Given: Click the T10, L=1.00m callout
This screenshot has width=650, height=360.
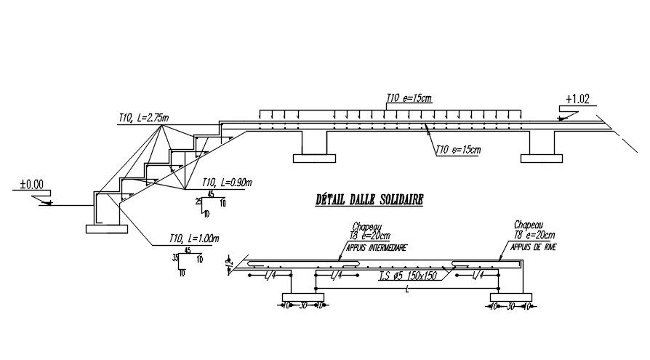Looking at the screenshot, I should click(193, 238).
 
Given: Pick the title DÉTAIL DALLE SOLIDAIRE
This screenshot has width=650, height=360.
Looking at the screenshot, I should click(369, 199).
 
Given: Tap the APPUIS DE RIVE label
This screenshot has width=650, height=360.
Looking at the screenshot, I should click(531, 247).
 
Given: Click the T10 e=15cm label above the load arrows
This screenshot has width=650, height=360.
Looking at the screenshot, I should click(411, 97).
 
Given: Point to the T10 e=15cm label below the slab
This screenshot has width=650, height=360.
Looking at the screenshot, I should click(458, 150).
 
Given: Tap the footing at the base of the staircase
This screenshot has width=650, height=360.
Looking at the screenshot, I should click(107, 229).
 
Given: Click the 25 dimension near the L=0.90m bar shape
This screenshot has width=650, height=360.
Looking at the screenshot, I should click(198, 201).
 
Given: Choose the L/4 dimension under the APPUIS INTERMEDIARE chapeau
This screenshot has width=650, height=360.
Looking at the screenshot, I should click(336, 276).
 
